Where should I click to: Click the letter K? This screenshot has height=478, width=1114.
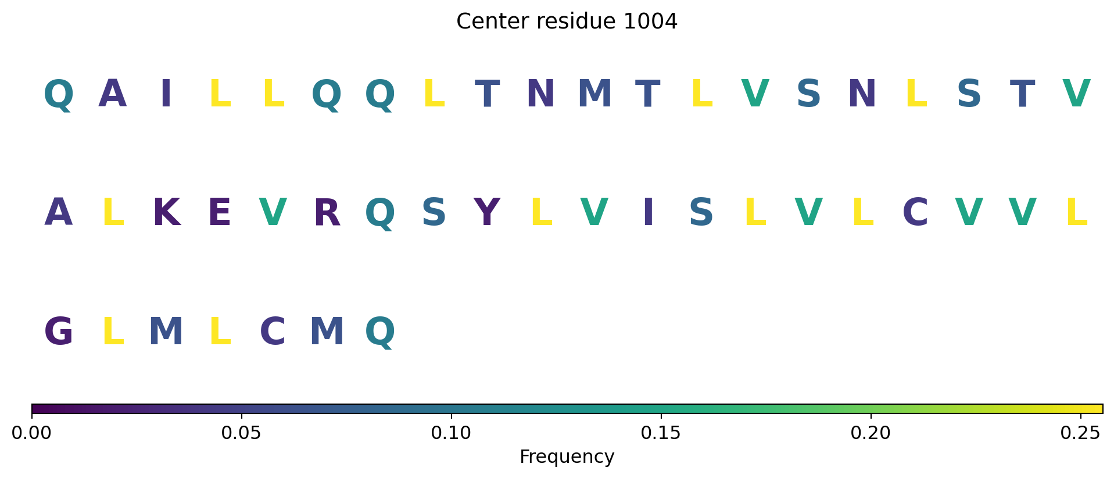166,213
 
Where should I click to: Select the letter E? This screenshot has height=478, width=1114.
220,213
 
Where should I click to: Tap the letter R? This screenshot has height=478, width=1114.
327,213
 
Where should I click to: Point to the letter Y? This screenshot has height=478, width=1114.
487,213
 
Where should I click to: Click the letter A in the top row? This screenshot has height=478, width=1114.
112,94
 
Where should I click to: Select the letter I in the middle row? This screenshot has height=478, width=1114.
648,213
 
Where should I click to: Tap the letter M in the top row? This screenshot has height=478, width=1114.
594,94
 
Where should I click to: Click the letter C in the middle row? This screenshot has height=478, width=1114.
915,213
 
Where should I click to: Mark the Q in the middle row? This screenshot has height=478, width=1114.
380,214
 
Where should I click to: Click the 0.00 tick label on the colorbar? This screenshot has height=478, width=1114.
32,433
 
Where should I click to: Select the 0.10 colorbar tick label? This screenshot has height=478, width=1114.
451,433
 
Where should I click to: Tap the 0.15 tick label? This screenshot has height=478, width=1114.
661,433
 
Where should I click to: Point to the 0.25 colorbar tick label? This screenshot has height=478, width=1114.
1080,433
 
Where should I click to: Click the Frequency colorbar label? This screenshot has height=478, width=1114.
567,457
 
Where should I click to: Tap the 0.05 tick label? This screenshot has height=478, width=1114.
241,433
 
